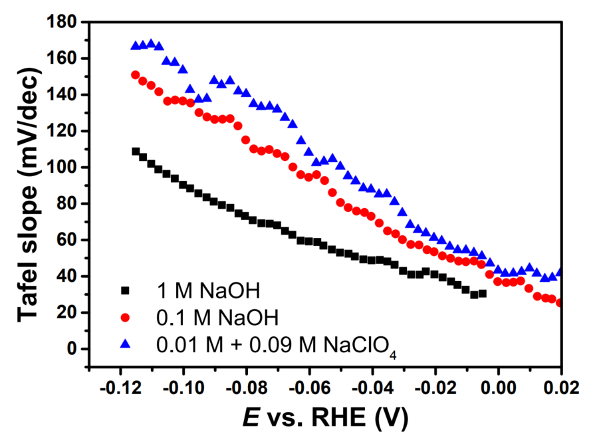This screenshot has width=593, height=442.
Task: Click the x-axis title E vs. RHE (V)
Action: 325,418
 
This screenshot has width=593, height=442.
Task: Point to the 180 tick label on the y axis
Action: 62,23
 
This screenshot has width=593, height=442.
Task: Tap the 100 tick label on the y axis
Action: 62,167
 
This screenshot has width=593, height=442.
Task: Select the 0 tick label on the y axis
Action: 74,349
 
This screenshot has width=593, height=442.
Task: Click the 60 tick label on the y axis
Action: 68,240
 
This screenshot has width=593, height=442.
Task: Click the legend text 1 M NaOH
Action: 198,290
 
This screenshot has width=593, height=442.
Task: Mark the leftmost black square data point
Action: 136,152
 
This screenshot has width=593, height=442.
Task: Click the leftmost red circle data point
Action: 136,75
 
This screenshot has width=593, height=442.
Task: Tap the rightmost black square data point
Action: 482,293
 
